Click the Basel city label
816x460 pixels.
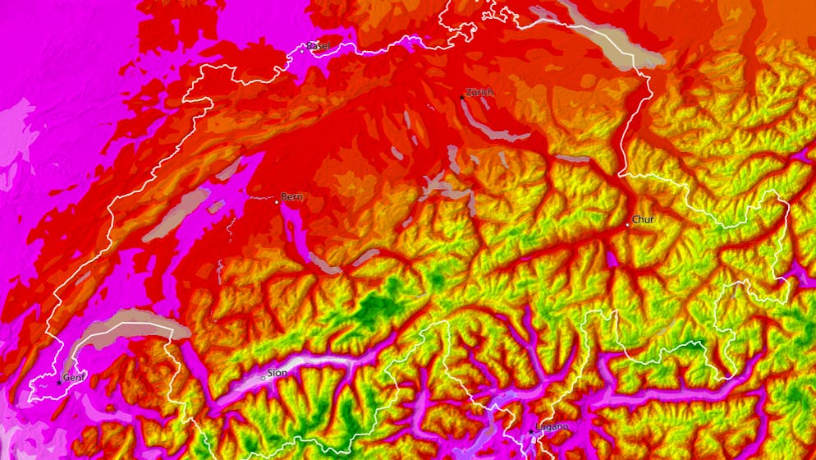pos(319,46)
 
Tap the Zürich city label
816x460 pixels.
pos(479,93)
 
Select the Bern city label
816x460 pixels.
pos(291,197)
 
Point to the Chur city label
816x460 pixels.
pos(643,219)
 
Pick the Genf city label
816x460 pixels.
pos(74,378)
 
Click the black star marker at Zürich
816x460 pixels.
pos(461,98)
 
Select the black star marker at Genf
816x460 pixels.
pos(59,382)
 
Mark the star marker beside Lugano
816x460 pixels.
pos(530,431)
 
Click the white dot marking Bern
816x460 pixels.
pos(276,199)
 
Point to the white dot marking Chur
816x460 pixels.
pos(628,223)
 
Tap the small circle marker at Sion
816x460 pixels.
pos(263,377)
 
